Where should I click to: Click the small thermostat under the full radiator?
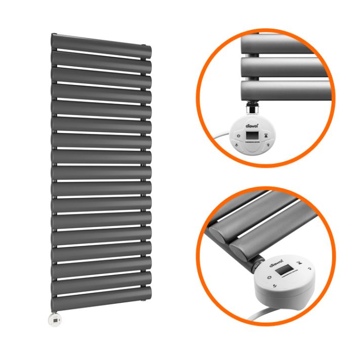tap(54, 319)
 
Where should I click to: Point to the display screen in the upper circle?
tap(252, 136)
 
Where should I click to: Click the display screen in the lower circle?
tap(286, 268)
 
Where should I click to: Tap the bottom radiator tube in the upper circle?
tap(283, 90)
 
